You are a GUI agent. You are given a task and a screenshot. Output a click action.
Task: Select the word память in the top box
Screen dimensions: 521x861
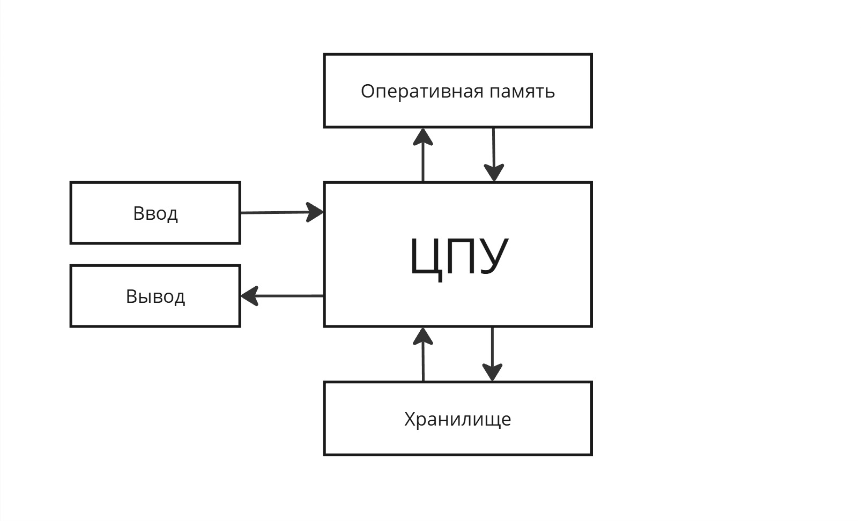pyautogui.click(x=522, y=92)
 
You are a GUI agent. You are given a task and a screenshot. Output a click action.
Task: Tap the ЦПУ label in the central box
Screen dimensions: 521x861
pyautogui.click(x=458, y=256)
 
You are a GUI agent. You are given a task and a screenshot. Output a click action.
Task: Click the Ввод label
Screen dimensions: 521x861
pyautogui.click(x=155, y=213)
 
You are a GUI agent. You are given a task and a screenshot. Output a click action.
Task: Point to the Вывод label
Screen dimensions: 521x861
pyautogui.click(x=155, y=296)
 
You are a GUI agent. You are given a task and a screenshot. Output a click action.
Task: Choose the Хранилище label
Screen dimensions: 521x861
pyautogui.click(x=457, y=419)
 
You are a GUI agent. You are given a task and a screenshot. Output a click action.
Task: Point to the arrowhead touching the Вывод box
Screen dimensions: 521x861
pyautogui.click(x=249, y=295)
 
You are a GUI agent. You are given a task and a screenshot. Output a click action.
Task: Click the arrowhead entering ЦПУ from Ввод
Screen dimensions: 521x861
pyautogui.click(x=315, y=212)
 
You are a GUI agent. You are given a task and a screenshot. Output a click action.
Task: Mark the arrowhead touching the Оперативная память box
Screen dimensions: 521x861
pyautogui.click(x=423, y=137)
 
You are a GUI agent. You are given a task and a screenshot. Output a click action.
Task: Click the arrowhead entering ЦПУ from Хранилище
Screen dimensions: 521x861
pyautogui.click(x=423, y=336)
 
